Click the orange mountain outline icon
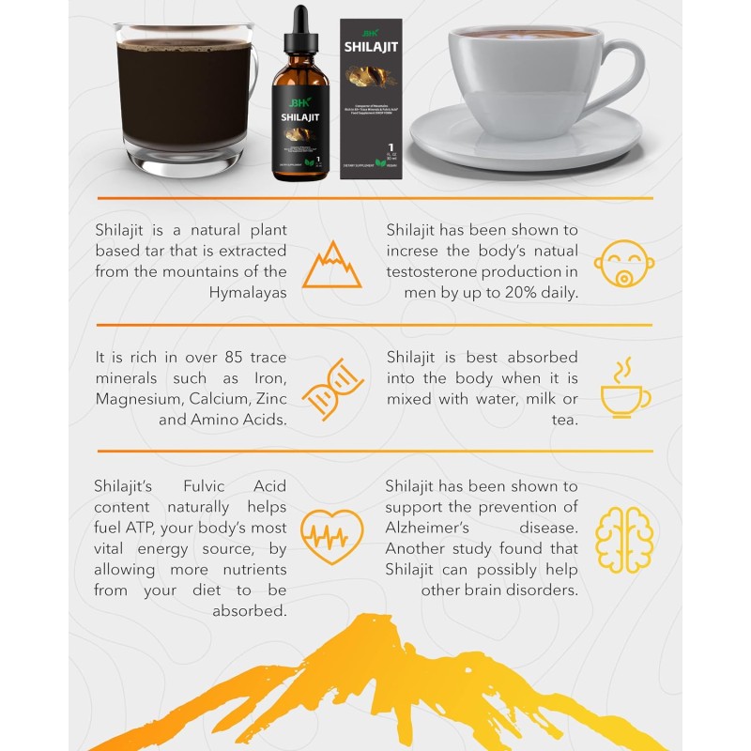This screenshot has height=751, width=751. point(331,265)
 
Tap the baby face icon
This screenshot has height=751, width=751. point(624,265)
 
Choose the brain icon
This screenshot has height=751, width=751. point(624,538)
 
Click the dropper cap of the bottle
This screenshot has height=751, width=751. point(299,33)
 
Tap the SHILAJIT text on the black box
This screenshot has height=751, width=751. point(371,45)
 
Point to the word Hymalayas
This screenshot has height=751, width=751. point(248,292)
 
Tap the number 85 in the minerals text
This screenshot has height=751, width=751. point(237,358)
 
